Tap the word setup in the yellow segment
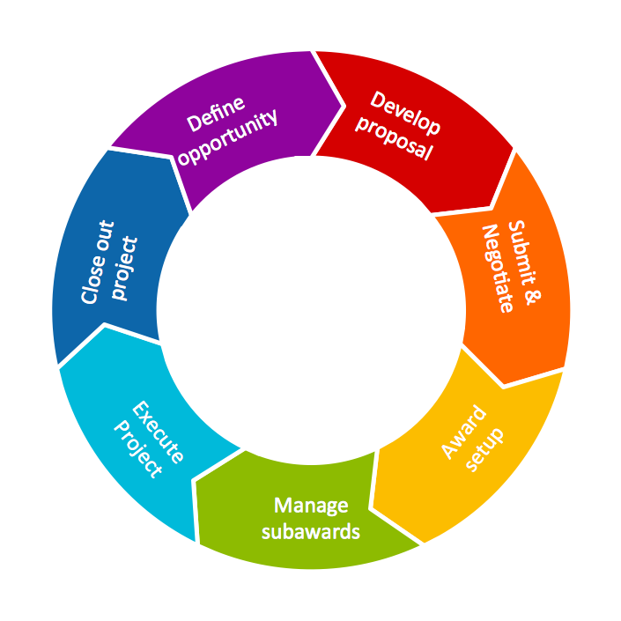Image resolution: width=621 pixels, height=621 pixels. click(484, 448)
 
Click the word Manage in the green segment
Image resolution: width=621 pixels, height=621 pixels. click(311, 506)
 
